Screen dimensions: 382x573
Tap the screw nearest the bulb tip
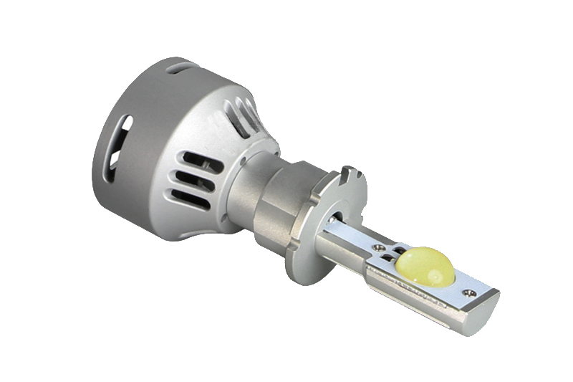coord(469,292)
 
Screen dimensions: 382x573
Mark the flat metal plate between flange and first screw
coord(351,233)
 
